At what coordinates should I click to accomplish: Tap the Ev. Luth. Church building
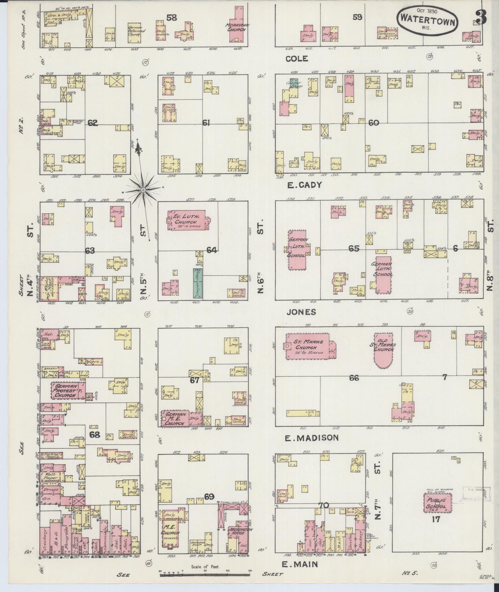pyautogui.click(x=186, y=220)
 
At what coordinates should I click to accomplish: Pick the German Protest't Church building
pyautogui.click(x=68, y=391)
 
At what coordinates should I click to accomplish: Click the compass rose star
pyautogui.click(x=143, y=189)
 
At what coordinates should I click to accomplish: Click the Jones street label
pyautogui.click(x=301, y=312)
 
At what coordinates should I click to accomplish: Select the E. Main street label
pyautogui.click(x=300, y=564)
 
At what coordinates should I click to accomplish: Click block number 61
pyautogui.click(x=206, y=123)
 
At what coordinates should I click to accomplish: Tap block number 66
pyautogui.click(x=354, y=378)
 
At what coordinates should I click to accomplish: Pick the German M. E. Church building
pyautogui.click(x=175, y=419)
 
